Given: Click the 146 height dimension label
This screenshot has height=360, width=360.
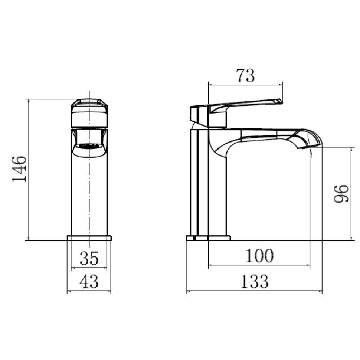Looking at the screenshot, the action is (x=19, y=169).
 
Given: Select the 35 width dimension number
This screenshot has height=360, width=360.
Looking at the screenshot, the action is (x=89, y=258).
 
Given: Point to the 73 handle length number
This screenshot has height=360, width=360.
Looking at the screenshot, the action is (x=245, y=76).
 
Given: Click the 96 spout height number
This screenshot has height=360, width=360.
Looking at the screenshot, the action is (x=341, y=193).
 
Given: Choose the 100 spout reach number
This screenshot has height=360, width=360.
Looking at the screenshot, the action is (x=259, y=256).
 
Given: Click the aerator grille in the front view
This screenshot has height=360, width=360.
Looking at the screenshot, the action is (x=89, y=146).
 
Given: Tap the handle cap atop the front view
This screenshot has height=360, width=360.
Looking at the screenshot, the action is (x=89, y=113).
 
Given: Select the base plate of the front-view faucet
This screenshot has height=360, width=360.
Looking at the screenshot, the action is (x=89, y=238).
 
